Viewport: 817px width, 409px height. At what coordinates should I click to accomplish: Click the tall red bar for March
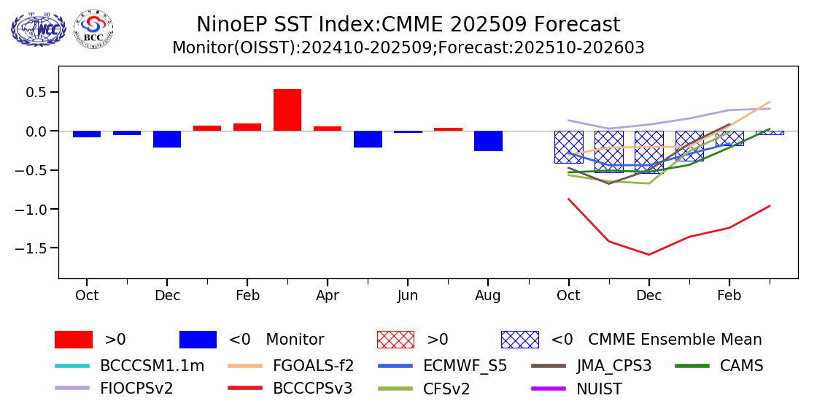click(x=287, y=110)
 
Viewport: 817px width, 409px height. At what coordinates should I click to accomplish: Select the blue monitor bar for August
click(x=488, y=141)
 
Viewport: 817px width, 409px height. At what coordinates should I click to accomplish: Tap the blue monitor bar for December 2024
click(x=167, y=139)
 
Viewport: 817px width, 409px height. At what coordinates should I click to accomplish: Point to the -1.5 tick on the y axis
click(x=34, y=248)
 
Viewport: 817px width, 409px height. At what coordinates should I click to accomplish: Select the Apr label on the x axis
click(x=328, y=296)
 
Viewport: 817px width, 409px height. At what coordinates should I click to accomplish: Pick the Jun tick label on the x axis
click(x=408, y=296)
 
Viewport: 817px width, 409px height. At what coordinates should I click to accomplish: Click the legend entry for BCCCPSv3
click(x=312, y=389)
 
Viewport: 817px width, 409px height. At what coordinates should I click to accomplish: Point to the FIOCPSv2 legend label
click(x=136, y=389)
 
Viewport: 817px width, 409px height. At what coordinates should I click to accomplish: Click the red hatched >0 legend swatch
click(x=395, y=340)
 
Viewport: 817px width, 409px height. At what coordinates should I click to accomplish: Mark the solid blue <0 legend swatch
click(x=198, y=340)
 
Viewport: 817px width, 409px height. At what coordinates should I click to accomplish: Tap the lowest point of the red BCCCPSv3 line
click(x=648, y=255)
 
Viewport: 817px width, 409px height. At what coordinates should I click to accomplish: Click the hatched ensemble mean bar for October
click(x=568, y=147)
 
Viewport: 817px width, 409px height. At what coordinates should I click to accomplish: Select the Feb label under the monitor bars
click(x=247, y=296)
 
